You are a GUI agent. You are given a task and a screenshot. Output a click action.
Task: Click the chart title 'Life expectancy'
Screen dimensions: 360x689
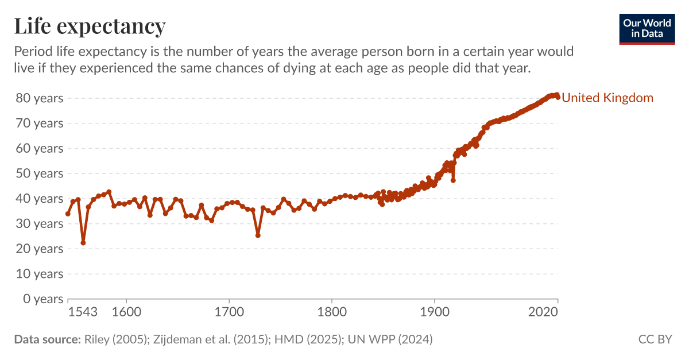click(x=90, y=26)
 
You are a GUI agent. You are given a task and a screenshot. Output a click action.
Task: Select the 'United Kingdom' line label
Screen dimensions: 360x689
click(x=607, y=98)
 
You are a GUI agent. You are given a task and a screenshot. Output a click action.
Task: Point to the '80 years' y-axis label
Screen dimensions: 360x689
click(x=39, y=98)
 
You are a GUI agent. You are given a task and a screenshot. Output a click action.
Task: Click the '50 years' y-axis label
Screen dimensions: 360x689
click(x=39, y=173)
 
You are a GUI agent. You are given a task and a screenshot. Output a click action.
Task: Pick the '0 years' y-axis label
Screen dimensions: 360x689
click(x=42, y=299)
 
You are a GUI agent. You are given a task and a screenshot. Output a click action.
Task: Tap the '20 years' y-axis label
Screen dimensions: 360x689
click(x=39, y=249)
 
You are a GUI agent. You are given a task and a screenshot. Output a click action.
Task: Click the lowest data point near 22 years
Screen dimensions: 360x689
click(x=83, y=243)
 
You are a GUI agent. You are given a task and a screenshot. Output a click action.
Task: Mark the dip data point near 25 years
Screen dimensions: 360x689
click(x=258, y=235)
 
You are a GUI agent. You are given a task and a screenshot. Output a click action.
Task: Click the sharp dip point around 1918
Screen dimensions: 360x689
click(x=453, y=180)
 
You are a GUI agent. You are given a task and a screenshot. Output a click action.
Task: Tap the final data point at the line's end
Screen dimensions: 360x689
click(x=558, y=97)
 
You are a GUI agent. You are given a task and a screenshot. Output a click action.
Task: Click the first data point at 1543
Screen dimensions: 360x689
click(x=68, y=214)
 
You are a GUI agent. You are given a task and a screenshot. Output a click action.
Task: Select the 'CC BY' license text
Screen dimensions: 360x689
click(x=655, y=339)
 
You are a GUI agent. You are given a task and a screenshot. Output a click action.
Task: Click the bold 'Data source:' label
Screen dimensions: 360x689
click(x=47, y=339)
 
